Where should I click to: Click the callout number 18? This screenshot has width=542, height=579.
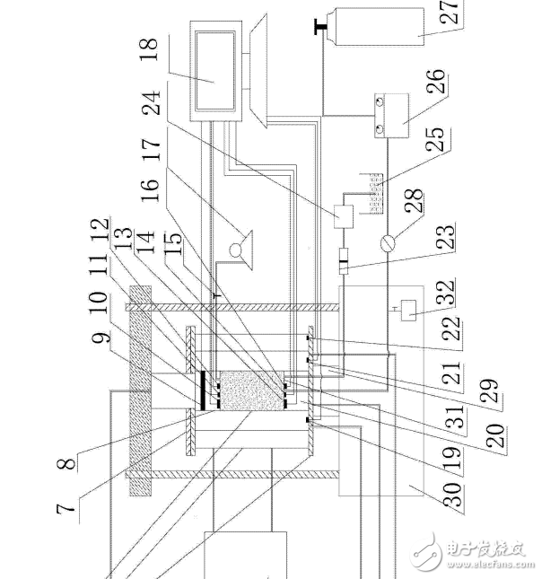coord(150,49)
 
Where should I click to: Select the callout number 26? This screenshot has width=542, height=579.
coord(436,81)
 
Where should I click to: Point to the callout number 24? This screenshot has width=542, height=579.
coord(152,102)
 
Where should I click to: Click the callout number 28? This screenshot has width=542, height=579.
coord(414,200)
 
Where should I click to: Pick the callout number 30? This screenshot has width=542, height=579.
coord(452,494)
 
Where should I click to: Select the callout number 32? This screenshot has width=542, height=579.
coord(445,292)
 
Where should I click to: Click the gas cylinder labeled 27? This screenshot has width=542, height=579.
coord(379,27)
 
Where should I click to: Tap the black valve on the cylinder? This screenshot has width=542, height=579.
coord(319,27)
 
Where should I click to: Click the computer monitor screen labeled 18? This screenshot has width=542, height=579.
coord(215,71)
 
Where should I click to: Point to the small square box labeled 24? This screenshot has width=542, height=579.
coord(344,216)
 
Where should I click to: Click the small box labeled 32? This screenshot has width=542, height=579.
coord(408,310)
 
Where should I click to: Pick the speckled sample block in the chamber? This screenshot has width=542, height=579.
coord(252,390)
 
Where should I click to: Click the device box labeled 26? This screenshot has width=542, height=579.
coord(391,116)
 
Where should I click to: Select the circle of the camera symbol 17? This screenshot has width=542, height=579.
coord(235,250)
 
